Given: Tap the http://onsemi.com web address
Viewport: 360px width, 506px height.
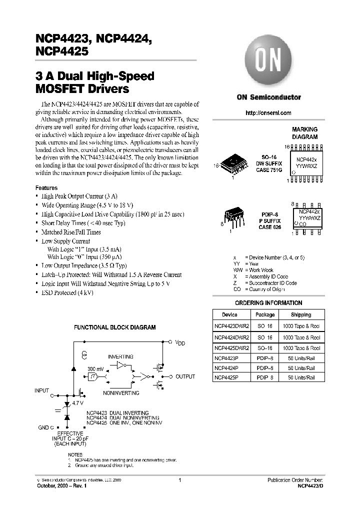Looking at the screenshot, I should pos(268,113).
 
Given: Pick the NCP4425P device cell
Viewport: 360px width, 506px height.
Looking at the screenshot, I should pos(226,377).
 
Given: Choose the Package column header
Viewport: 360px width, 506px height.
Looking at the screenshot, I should pos(265,315).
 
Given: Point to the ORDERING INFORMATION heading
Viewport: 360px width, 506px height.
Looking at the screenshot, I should pos(268,303).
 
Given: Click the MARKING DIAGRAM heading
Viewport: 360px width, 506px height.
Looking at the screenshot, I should pos(304,133).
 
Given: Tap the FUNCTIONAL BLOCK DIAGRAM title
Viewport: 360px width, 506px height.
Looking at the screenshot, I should pos(115,327).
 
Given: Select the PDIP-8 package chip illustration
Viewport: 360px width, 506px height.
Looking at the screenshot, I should pos(232,216).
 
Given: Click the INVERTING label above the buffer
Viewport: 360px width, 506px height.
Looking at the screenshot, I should pos(121,357).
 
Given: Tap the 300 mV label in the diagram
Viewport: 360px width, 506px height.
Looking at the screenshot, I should pos(95,368).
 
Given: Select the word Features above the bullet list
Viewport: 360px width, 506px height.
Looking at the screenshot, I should pos(46,188).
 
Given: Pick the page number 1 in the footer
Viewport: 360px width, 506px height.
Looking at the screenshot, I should pos(179,479).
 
